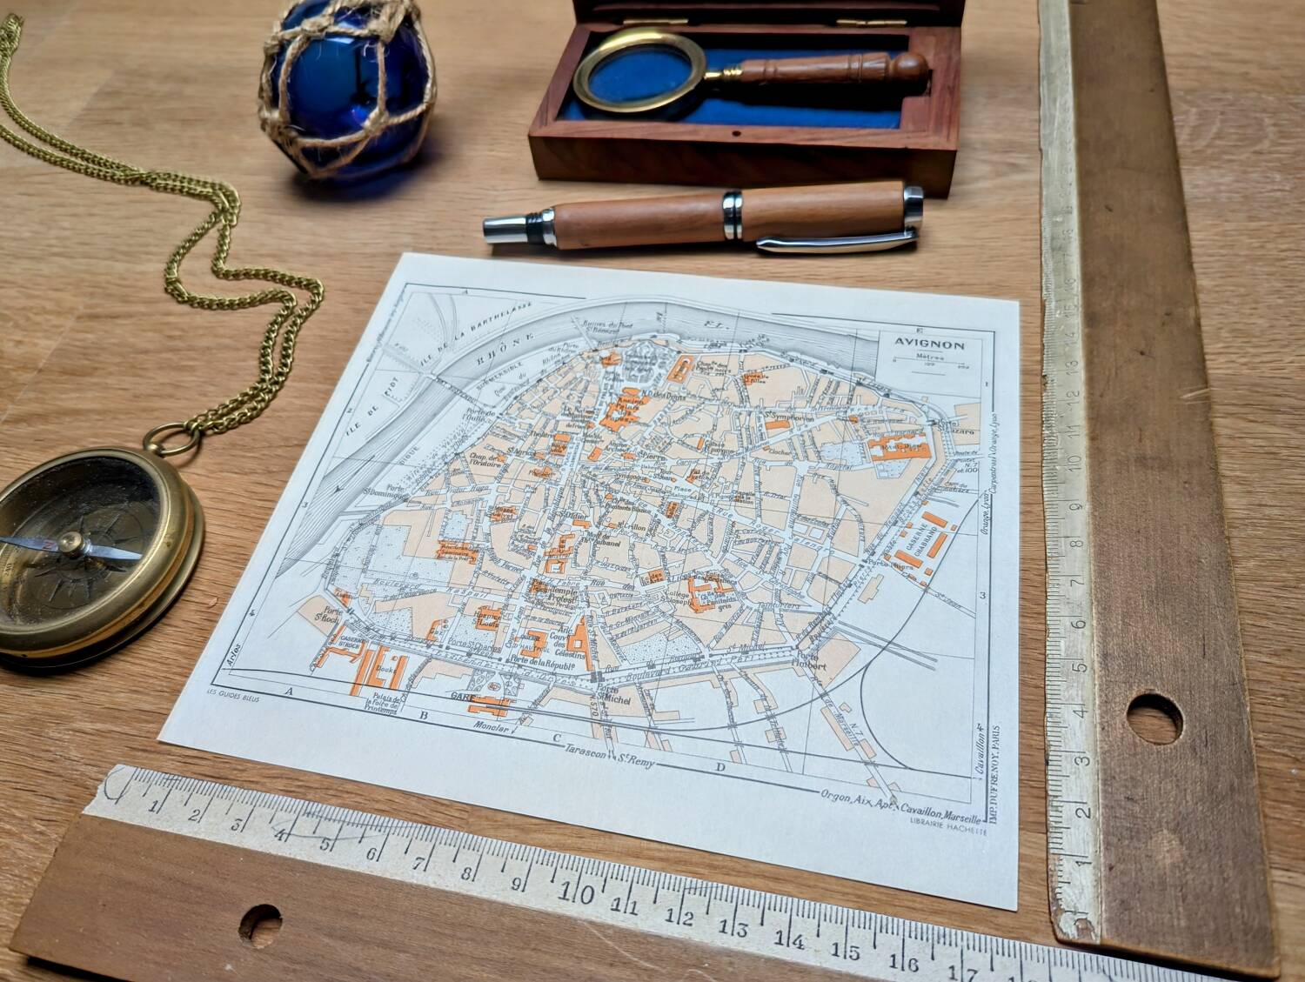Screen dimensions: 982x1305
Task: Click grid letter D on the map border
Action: (x=719, y=766)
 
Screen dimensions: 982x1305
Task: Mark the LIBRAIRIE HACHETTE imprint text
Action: (x=948, y=830)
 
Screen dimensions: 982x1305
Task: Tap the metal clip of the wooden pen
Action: (x=835, y=242)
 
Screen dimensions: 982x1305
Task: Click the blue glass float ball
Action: (x=348, y=87)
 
